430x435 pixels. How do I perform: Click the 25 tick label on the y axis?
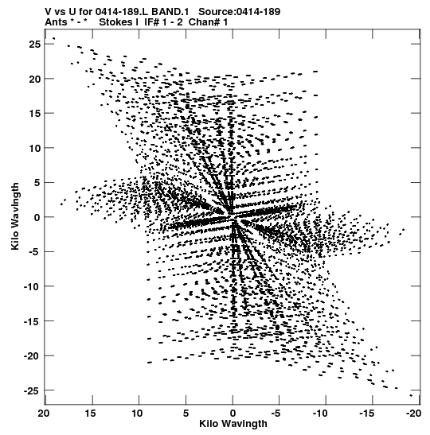pyautogui.click(x=35, y=44)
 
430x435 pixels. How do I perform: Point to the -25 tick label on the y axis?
pyautogui.click(x=33, y=390)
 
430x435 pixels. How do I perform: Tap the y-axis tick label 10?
pyautogui.click(x=35, y=148)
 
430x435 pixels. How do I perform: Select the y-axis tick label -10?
pyautogui.click(x=33, y=286)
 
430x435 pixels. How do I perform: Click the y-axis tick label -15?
pyautogui.click(x=33, y=321)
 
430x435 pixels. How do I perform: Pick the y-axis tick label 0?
pyautogui.click(x=37, y=217)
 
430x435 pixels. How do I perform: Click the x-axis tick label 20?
pyautogui.click(x=44, y=414)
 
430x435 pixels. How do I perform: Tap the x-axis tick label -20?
pyautogui.click(x=413, y=414)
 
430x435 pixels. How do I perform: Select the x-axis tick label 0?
pyautogui.click(x=233, y=414)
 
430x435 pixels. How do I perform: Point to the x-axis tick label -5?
pyautogui.click(x=276, y=414)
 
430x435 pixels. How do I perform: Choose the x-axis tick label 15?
pyautogui.click(x=91, y=414)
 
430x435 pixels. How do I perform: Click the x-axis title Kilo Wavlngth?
pyautogui.click(x=233, y=424)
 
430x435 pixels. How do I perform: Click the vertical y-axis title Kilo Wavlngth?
pyautogui.click(x=16, y=216)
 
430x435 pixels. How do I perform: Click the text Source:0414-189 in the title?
pyautogui.click(x=240, y=12)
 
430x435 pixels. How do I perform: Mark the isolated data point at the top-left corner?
pyautogui.click(x=53, y=38)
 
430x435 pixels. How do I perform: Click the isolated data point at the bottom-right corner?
pyautogui.click(x=411, y=395)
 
